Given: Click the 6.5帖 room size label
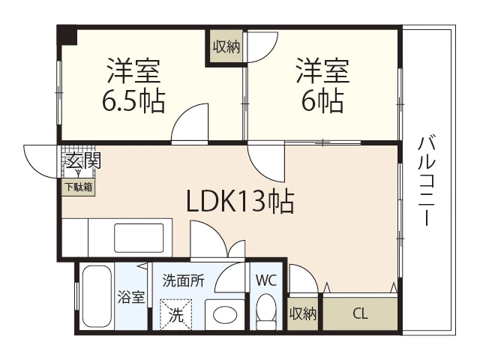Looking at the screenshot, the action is (133, 101).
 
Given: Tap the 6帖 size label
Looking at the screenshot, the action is (322, 101).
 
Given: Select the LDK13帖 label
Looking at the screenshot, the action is (240, 201).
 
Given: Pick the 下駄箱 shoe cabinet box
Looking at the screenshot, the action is (79, 187).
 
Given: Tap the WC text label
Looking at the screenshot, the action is (266, 280).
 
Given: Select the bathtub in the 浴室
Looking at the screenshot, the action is (97, 296).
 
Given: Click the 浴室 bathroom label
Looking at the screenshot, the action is (131, 297).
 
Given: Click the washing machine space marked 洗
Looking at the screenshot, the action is (176, 315).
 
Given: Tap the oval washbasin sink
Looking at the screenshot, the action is (225, 315).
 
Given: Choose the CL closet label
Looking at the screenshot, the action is (360, 313).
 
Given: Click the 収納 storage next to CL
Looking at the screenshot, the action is (303, 313).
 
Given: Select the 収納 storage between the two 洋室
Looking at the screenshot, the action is (226, 46).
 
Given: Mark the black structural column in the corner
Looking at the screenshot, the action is (67, 34).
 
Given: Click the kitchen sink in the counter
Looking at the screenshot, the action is (139, 238).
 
